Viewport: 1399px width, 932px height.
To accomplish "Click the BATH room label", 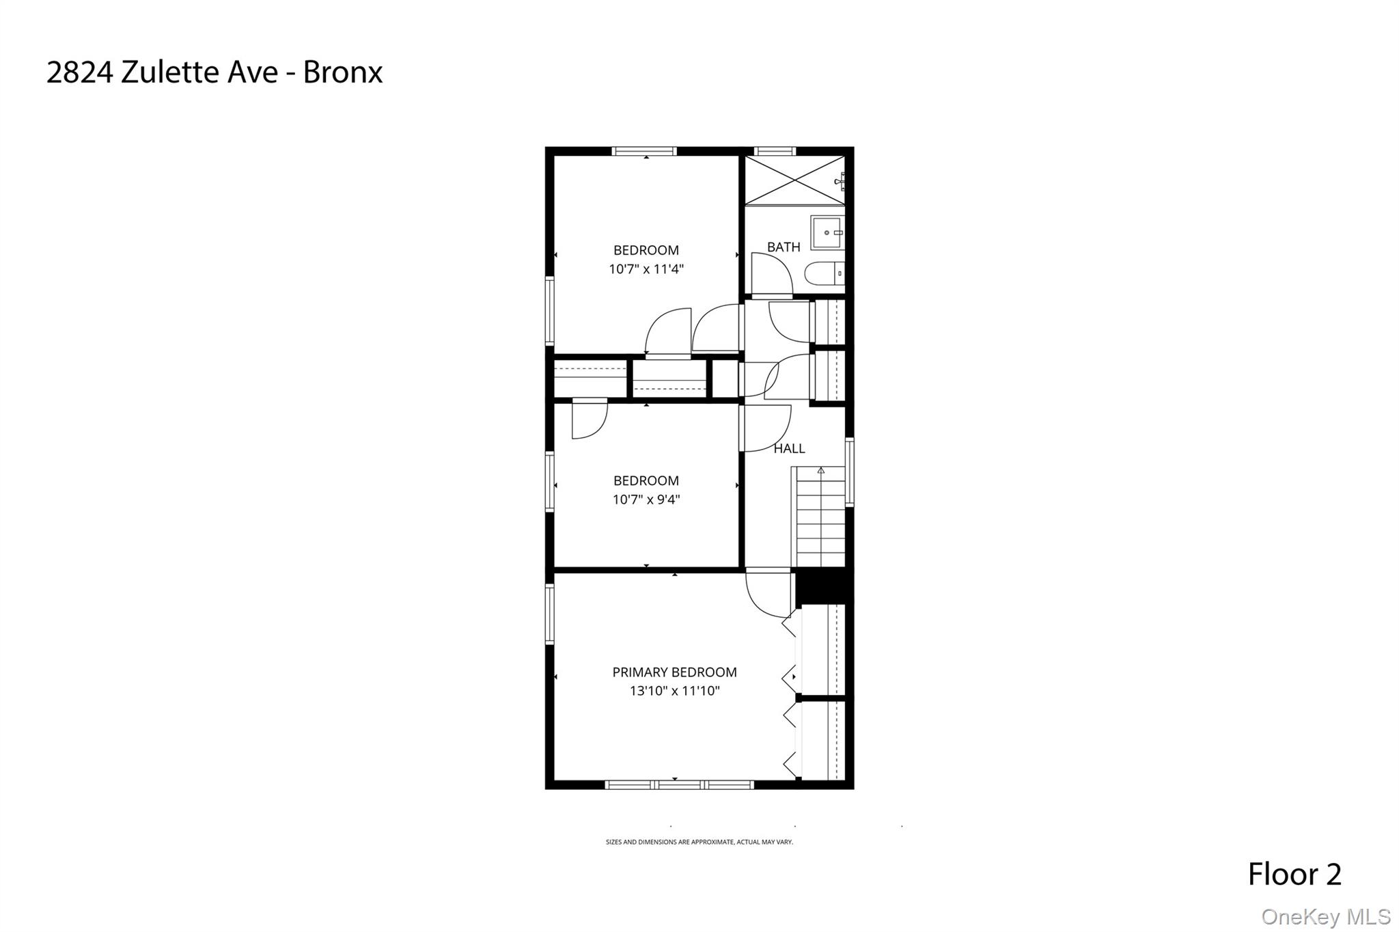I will coord(783,247).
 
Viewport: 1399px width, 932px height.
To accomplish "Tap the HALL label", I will coord(789,449).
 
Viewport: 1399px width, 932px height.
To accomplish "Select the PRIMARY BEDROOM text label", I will coord(674,672).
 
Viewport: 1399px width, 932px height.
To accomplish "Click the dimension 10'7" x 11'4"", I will coord(646,269).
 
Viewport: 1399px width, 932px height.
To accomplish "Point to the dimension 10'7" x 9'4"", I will coord(646,499).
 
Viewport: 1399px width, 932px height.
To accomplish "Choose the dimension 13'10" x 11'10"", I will coord(674,691).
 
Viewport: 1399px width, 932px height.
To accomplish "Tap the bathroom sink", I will coord(827,233).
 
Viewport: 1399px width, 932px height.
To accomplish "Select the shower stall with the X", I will coord(794,180).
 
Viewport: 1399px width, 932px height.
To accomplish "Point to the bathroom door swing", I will coord(771,273).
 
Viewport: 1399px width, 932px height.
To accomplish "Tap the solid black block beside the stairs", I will coord(824,586).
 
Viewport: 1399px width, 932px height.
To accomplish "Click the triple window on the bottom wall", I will coord(679,785).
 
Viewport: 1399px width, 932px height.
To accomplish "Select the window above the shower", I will coord(775,151).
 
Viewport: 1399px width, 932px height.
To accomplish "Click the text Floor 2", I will coord(1294,875).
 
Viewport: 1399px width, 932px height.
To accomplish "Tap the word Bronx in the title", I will coord(342,72).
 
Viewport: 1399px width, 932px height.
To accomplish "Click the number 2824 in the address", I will coord(79,72).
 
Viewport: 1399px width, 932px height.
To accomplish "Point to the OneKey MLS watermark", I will coord(1325,916).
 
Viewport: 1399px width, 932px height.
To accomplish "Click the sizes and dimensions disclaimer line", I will coord(699,842).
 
